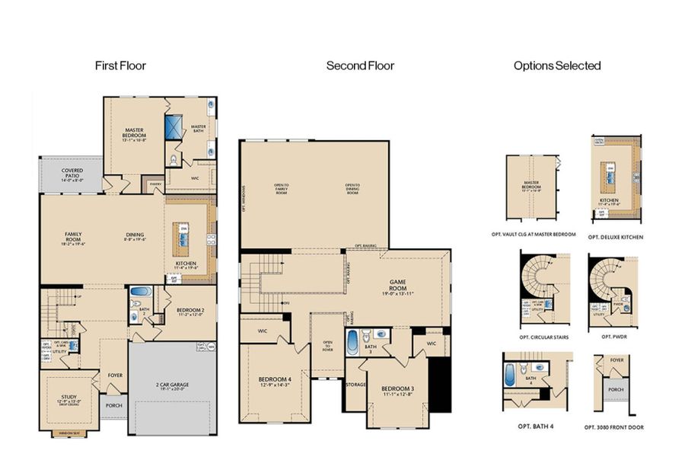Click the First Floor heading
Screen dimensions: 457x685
[120, 66]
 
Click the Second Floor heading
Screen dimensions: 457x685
[360, 66]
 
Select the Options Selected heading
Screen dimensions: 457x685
[557, 66]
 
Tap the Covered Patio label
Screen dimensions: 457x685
[72, 173]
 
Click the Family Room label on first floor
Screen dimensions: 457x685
[74, 237]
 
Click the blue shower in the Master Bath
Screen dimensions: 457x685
[174, 126]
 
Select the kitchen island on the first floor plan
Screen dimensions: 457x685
[183, 239]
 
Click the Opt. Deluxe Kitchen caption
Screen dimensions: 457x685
[615, 238]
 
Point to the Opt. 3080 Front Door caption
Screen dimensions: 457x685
[615, 427]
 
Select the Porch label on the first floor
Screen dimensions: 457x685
[114, 405]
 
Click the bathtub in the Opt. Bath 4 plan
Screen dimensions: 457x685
[510, 376]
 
